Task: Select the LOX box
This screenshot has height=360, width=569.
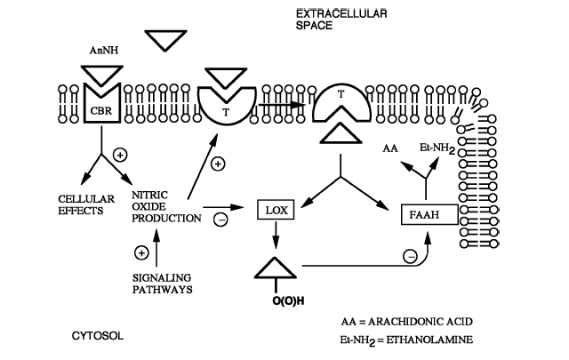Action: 272,210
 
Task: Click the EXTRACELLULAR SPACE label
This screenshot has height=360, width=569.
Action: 328,20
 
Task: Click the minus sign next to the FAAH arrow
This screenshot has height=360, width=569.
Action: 410,256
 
